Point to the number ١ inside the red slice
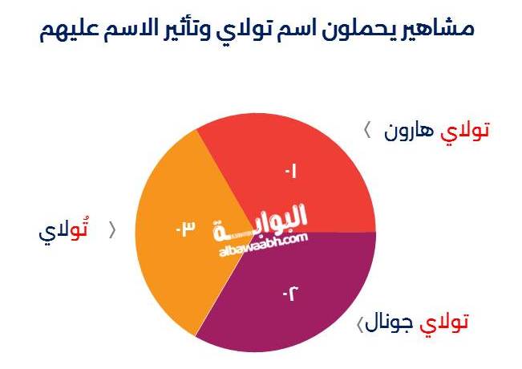tap(290, 172)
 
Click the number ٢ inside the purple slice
tap(290, 294)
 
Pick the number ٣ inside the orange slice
tap(185, 229)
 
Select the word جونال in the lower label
tap(389, 322)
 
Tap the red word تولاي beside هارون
tap(465, 132)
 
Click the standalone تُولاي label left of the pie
tap(63, 229)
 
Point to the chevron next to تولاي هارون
tap(367, 130)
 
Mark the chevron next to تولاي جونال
tap(360, 324)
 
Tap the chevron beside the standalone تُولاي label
tap(112, 230)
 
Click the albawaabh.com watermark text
tap(263, 245)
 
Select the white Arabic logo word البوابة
tap(260, 222)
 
